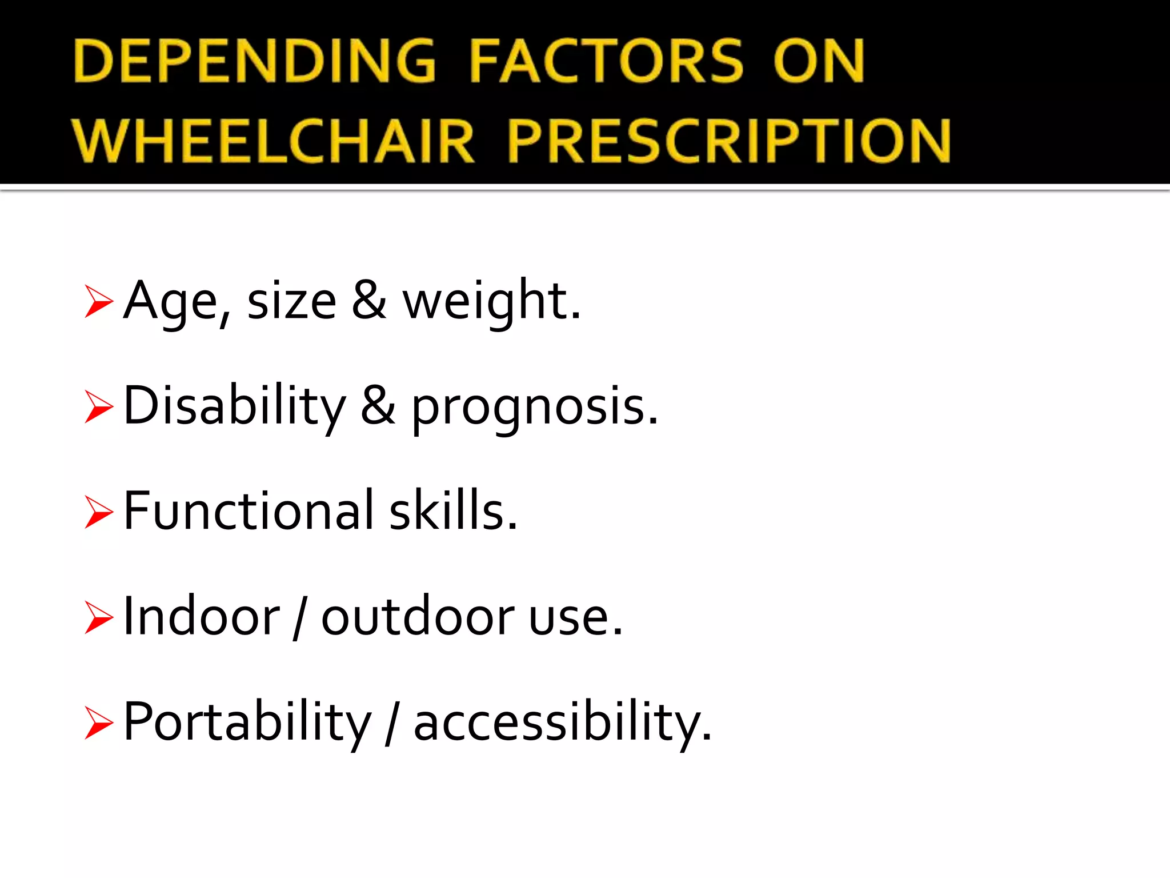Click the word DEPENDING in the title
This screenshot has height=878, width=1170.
click(x=254, y=61)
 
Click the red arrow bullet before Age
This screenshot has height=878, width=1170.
click(x=98, y=301)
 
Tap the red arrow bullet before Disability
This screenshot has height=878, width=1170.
click(x=98, y=406)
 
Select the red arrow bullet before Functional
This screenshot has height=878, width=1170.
click(x=98, y=512)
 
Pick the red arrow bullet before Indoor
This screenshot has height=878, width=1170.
click(x=98, y=617)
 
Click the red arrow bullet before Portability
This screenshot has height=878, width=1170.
click(x=98, y=723)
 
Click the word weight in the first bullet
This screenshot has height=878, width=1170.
click(x=491, y=301)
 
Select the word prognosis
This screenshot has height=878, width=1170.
click(x=534, y=407)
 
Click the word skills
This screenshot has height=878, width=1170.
click(x=453, y=510)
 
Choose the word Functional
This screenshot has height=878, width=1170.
click(x=249, y=510)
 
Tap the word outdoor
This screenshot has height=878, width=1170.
click(x=417, y=617)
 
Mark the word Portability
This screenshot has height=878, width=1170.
click(x=247, y=723)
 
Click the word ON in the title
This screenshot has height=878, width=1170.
click(x=818, y=61)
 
